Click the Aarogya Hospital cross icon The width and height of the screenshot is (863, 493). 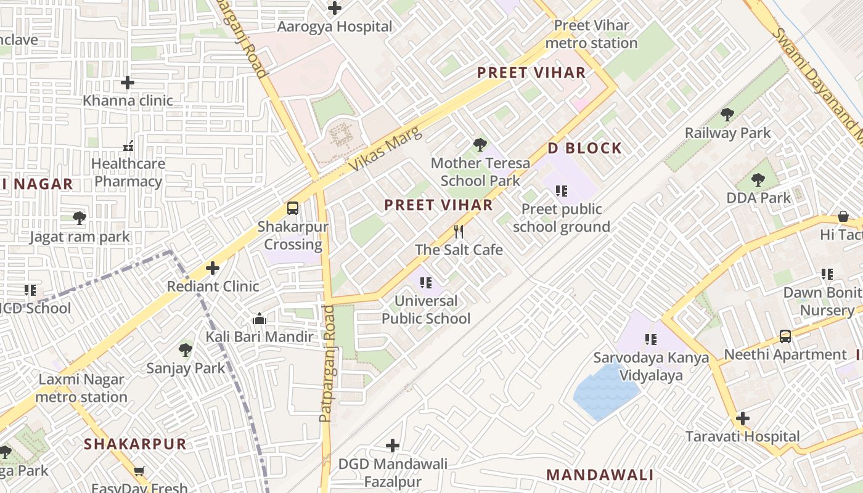pos(335,8)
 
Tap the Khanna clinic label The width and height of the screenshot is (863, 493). pos(128,100)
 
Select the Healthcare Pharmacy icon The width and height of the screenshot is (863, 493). pos(128,146)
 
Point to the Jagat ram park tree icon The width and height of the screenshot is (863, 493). pos(79,218)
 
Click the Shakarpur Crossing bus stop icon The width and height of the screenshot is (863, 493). pos(293,208)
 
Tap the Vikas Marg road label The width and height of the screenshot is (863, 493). pos(387,149)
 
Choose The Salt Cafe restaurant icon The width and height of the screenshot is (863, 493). pos(459,232)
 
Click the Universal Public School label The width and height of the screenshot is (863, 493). pos(426,310)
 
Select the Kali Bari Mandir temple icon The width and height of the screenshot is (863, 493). pos(260,319)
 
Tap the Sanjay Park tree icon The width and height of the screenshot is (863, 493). pos(185,350)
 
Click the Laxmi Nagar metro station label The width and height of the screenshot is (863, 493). pos(81,388)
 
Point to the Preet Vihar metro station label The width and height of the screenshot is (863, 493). pos(591,35)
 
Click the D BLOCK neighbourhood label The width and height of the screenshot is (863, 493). pos(585,148)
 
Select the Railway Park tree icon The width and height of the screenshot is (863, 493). pos(727,114)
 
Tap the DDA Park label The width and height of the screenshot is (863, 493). pos(758,198)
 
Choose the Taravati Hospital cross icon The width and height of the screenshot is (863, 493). pos(743,418)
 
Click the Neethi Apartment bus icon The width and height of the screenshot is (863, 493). pos(785,336)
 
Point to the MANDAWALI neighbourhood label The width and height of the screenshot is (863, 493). pos(600,475)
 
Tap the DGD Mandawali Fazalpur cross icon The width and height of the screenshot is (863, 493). pos(393,446)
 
